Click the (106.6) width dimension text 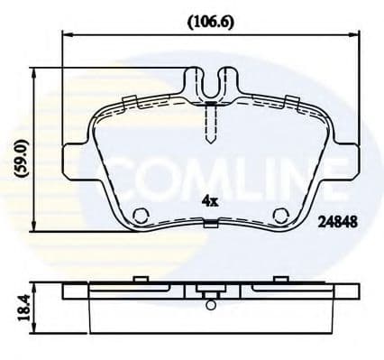209,20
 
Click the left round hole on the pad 140,215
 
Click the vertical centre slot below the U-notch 210,122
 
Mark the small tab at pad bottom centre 210,226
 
